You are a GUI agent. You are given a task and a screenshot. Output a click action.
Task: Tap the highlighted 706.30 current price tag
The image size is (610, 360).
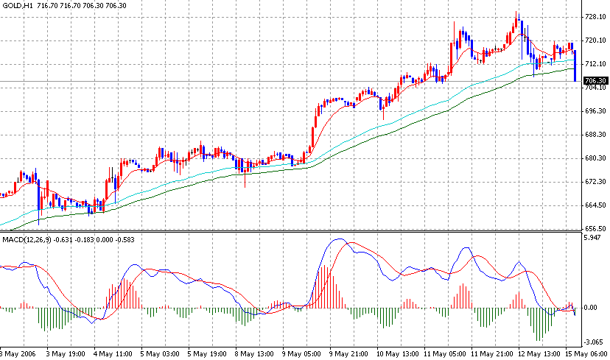[594, 81]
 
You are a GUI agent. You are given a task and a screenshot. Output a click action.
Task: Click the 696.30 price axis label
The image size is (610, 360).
[594, 111]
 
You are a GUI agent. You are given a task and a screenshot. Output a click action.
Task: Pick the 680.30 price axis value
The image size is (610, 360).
[594, 158]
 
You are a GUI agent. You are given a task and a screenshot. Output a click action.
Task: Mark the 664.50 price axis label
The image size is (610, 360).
[594, 205]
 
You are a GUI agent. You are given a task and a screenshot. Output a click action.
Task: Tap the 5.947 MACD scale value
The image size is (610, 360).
[592, 239]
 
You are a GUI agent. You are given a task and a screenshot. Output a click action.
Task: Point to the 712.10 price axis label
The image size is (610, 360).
[594, 64]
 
